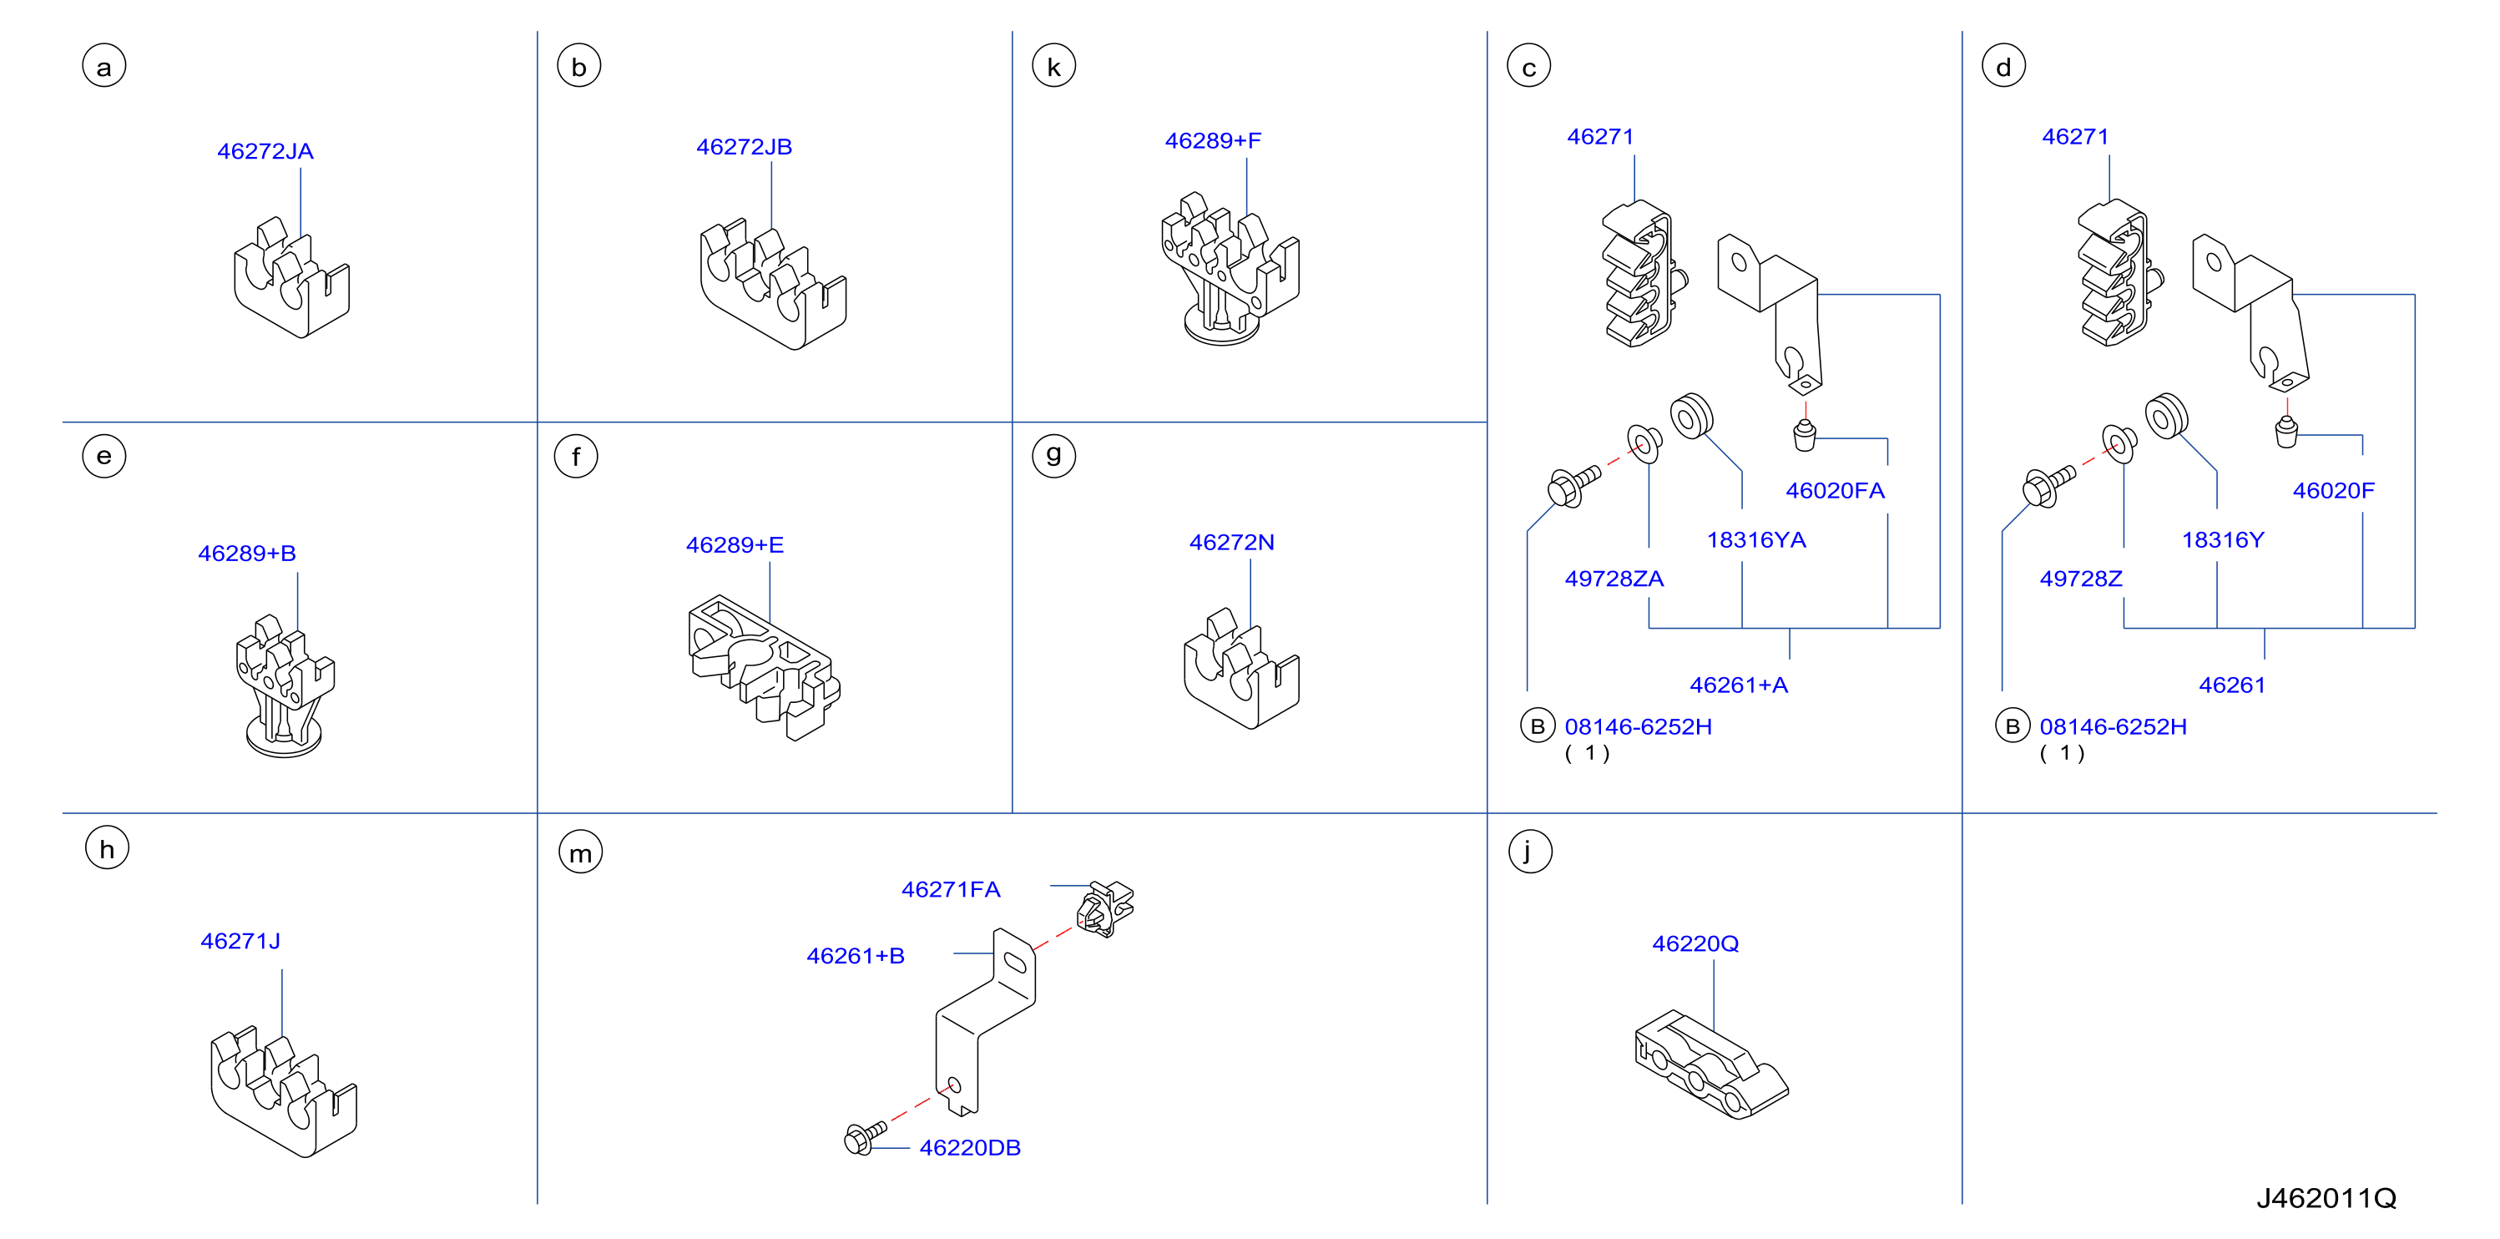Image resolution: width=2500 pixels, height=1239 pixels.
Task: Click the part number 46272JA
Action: [265, 151]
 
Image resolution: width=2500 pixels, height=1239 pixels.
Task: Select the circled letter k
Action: [1054, 66]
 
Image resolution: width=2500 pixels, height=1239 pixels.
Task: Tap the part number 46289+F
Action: [1213, 141]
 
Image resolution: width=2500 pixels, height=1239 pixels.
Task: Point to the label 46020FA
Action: [1836, 490]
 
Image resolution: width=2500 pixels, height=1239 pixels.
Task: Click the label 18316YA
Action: [1756, 540]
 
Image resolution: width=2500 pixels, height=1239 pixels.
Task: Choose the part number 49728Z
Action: [2081, 579]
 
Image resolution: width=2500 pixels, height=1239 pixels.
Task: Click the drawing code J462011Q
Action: [2326, 1198]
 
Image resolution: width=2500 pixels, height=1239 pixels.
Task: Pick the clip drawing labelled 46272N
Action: [1241, 670]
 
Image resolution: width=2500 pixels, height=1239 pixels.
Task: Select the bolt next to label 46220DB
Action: [865, 1137]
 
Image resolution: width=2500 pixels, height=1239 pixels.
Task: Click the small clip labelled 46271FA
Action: [1104, 908]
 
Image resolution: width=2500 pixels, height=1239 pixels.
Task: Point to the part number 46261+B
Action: [855, 957]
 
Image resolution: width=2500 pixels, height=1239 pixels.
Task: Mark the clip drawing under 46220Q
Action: [1711, 1065]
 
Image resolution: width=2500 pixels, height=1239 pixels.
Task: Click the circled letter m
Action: [580, 852]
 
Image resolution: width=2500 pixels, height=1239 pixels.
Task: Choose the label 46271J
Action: [240, 941]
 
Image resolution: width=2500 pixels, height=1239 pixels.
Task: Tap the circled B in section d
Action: [2012, 726]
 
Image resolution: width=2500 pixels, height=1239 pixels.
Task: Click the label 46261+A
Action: [1738, 685]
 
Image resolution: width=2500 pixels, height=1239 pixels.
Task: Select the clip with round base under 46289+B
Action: [285, 686]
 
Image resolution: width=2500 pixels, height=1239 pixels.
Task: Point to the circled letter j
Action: [1529, 851]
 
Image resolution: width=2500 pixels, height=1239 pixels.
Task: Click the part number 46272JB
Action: [745, 147]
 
